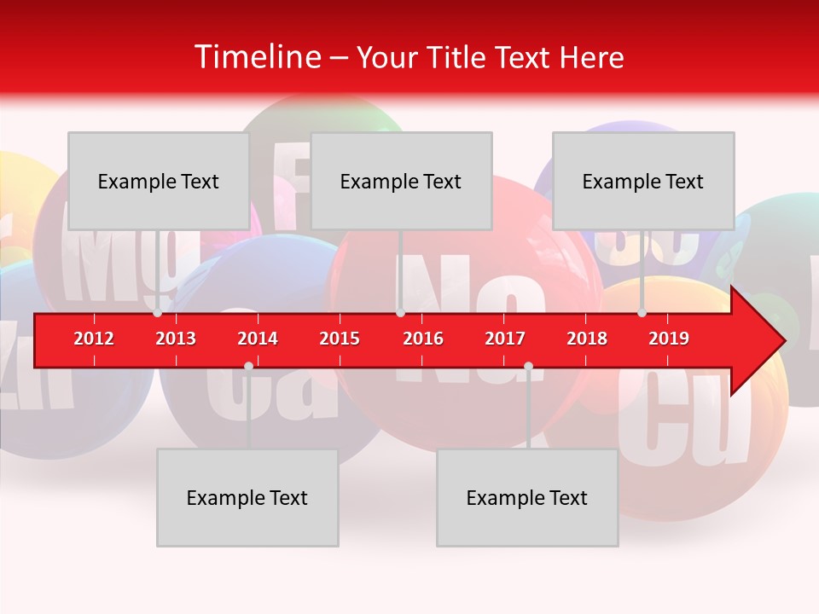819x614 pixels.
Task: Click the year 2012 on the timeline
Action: [x=94, y=339]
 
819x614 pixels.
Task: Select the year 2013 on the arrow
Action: [x=176, y=339]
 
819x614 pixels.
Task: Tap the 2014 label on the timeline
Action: [x=258, y=339]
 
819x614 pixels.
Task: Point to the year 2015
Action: [x=340, y=339]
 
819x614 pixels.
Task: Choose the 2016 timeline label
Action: [x=423, y=339]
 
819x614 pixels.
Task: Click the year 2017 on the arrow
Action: [x=505, y=339]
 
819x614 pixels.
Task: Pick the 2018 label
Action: [x=587, y=339]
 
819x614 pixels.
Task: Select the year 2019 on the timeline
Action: [x=669, y=339]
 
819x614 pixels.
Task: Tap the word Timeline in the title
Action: [x=256, y=57]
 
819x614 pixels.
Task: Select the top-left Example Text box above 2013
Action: [x=159, y=181]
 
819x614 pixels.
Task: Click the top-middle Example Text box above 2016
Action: [x=401, y=181]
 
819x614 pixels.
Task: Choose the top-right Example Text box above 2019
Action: [x=643, y=181]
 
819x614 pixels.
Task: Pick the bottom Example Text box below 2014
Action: [x=247, y=497]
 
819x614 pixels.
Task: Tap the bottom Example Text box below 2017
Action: [x=527, y=497]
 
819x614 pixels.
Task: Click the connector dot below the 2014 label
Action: [x=248, y=366]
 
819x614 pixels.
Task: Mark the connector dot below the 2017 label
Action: [x=528, y=366]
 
